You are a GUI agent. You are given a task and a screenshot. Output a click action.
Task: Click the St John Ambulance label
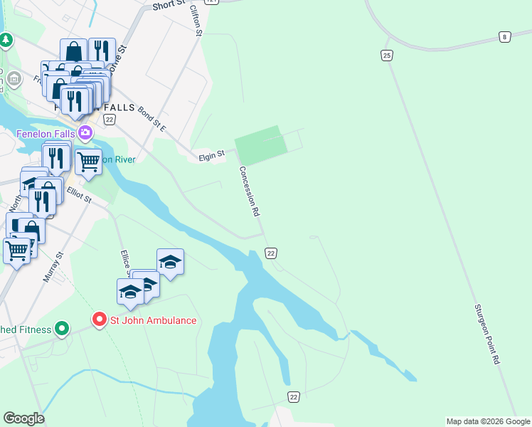pos(152,320)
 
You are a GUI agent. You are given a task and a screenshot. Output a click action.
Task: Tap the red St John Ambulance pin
pos(99,320)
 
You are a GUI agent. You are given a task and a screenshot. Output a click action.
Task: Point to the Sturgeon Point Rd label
pos(487,334)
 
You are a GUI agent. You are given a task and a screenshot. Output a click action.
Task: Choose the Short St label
pos(169,6)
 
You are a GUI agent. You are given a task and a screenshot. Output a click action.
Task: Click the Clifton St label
pos(197,20)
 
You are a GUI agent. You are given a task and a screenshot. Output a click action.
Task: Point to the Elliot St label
pos(78,194)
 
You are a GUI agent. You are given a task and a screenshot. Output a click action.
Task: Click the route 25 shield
pos(387,55)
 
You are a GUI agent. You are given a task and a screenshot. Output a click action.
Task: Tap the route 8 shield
pos(504,36)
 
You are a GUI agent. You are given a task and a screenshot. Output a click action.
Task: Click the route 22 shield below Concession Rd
pos(270,253)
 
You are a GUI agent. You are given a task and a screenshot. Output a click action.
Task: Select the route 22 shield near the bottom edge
pos(294,396)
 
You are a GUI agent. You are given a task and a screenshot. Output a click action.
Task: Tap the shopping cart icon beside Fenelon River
pos(88,161)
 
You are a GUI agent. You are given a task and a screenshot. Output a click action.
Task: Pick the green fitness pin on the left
pos(62,329)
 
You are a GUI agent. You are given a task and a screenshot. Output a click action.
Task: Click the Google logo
pos(23,418)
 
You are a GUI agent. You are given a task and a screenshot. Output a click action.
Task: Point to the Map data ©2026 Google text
pos(487,421)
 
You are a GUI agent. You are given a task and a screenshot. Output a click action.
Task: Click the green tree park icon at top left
pos(6,40)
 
